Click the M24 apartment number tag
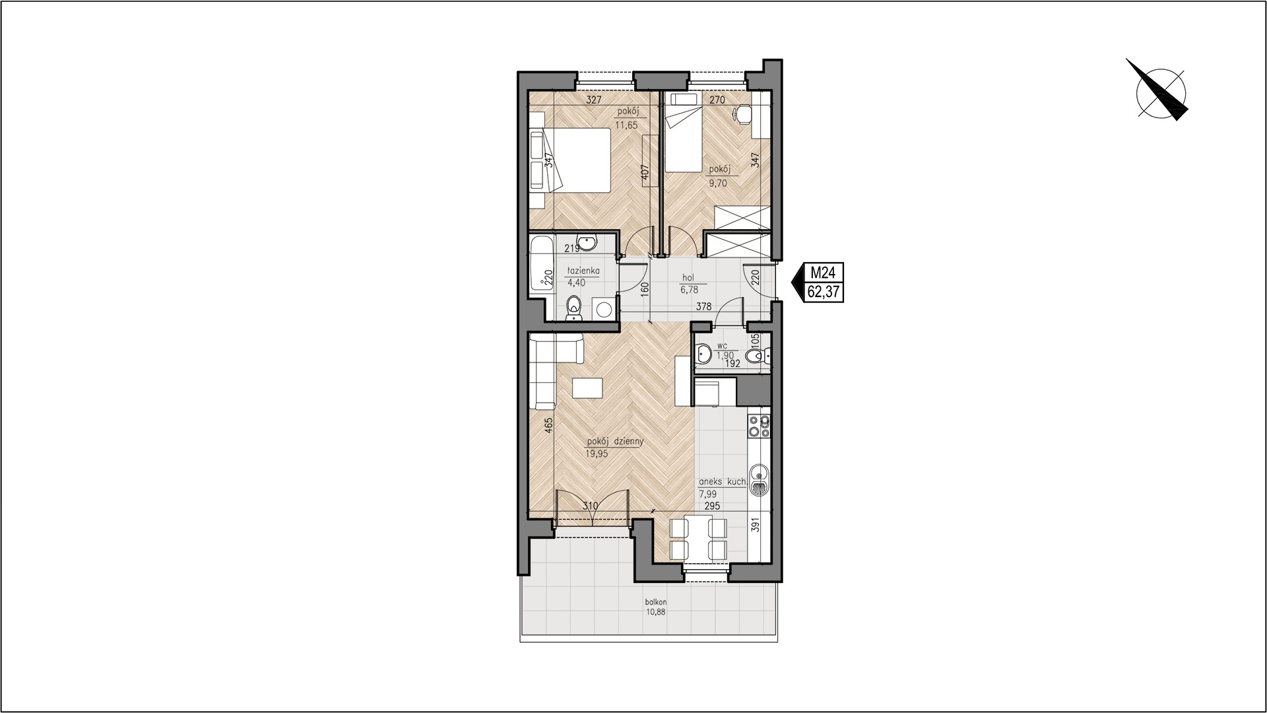(824, 272)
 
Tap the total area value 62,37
(824, 291)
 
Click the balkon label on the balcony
(657, 602)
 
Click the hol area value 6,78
(689, 289)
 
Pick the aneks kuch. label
(723, 483)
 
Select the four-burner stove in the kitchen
(758, 426)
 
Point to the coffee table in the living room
(126, 388)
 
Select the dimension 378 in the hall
(703, 306)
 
